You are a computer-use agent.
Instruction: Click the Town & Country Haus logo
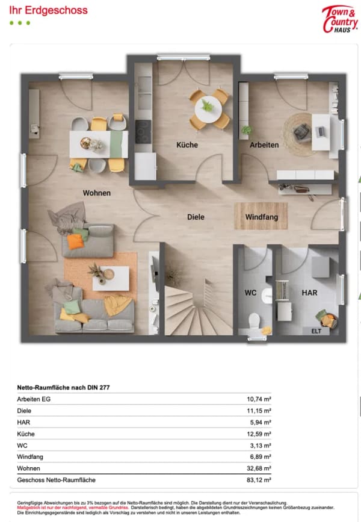click(x=340, y=19)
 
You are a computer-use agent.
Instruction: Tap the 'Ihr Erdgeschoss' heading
click(x=48, y=10)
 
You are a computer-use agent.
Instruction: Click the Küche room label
click(x=187, y=145)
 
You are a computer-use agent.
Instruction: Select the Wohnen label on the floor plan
click(x=96, y=193)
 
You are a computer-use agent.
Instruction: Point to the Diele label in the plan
click(x=196, y=217)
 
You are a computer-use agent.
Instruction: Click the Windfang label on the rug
click(x=262, y=217)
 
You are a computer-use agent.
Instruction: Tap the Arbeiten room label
click(x=264, y=145)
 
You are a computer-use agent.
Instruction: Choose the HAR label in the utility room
click(x=309, y=293)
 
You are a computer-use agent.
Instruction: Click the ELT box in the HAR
click(x=316, y=331)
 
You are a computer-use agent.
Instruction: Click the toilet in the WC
click(x=255, y=320)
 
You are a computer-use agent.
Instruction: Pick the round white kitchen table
click(x=209, y=109)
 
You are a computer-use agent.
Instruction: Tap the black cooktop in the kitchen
click(x=143, y=132)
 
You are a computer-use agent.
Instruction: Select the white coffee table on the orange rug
click(x=111, y=279)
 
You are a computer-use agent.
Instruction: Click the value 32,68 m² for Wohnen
click(x=259, y=468)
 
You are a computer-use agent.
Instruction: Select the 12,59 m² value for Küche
click(x=259, y=433)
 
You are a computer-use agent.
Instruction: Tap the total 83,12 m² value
click(x=259, y=480)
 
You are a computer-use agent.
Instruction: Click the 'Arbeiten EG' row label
click(x=34, y=399)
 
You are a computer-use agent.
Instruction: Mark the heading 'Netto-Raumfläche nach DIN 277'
click(x=63, y=388)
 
